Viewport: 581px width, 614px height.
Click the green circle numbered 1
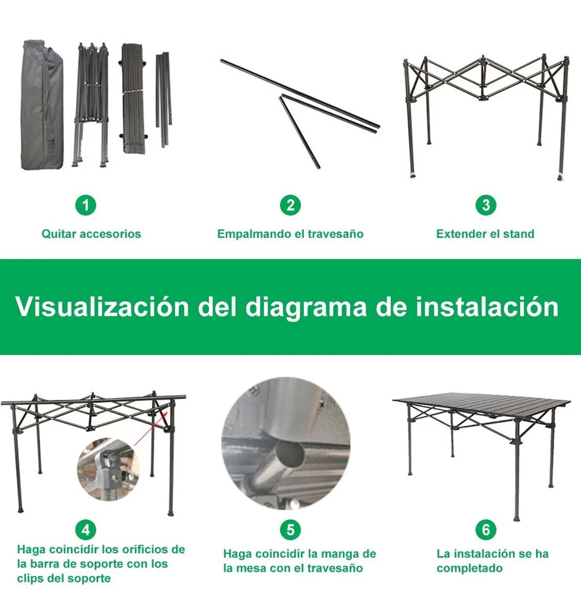click(x=85, y=205)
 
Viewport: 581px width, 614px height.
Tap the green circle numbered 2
click(x=290, y=205)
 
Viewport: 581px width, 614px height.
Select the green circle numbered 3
click(x=485, y=205)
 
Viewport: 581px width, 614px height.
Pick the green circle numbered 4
click(x=85, y=529)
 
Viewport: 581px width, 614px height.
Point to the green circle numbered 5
click(x=290, y=529)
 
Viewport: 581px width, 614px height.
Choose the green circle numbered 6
click(x=485, y=529)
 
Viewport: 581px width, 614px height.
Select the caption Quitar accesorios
click(x=91, y=234)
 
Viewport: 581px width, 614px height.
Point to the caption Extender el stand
click(x=485, y=234)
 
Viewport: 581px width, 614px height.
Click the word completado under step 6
click(x=469, y=568)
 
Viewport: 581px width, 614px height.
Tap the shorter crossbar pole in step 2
click(x=299, y=131)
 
